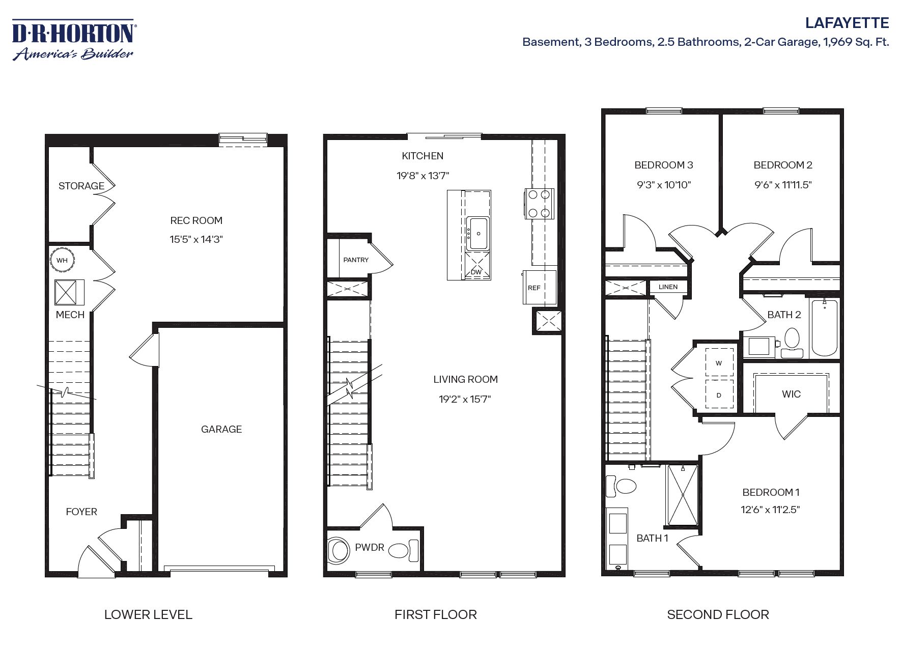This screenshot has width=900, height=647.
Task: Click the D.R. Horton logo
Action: (x=73, y=40)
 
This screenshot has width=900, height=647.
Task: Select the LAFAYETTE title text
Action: (x=847, y=23)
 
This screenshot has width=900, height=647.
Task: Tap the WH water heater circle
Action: (x=62, y=261)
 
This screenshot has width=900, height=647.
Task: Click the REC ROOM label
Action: (x=196, y=220)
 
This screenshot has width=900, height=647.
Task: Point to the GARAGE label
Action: (x=221, y=429)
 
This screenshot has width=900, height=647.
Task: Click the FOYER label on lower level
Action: (x=81, y=512)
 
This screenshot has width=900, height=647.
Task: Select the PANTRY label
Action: (x=355, y=260)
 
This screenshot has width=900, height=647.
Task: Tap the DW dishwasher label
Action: (x=476, y=272)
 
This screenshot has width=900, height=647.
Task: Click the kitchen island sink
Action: (x=478, y=233)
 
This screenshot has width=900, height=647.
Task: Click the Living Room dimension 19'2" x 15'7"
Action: (x=465, y=399)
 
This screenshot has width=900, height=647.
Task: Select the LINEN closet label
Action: (x=668, y=287)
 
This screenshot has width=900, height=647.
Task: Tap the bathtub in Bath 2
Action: (x=824, y=327)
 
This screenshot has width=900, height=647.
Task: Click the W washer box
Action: (x=719, y=363)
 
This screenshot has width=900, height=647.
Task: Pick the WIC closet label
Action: (x=791, y=394)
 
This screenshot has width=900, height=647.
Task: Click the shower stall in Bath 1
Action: (x=682, y=495)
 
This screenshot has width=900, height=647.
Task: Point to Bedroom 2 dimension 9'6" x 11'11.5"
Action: (x=783, y=185)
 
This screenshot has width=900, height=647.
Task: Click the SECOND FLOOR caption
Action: (x=718, y=614)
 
